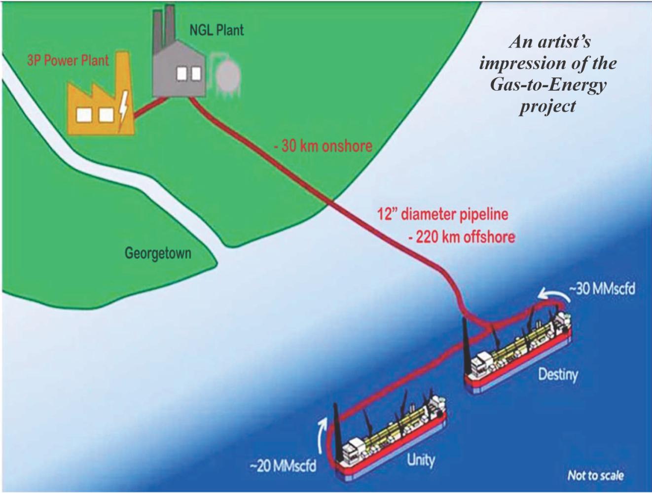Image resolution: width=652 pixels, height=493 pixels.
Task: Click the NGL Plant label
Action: click(x=217, y=30)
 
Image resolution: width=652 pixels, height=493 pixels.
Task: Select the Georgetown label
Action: click(x=158, y=254)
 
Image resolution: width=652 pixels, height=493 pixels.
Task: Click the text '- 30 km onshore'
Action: click(x=323, y=146)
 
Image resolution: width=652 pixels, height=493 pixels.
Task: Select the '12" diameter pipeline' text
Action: click(x=442, y=215)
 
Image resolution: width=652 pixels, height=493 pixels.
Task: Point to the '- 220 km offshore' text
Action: click(x=461, y=237)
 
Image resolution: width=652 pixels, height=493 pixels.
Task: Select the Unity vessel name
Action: click(x=421, y=460)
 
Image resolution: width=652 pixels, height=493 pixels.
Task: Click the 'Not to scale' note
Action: click(x=595, y=475)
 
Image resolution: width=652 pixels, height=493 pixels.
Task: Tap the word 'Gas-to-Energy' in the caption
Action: click(x=547, y=85)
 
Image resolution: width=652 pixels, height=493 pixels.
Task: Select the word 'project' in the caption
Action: click(x=547, y=106)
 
